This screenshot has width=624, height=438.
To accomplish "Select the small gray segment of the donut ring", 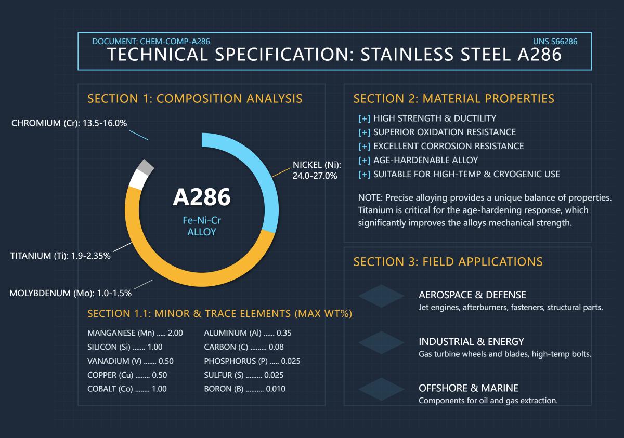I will (x=146, y=167).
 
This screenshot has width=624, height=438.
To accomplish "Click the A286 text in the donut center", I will (x=201, y=197).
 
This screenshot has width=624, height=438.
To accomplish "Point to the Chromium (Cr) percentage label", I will (x=69, y=123).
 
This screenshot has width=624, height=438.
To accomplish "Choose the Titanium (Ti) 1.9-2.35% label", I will (x=60, y=256).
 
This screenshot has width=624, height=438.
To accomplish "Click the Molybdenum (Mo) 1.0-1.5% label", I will (x=70, y=293).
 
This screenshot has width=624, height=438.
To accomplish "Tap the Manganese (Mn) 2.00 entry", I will (x=135, y=333).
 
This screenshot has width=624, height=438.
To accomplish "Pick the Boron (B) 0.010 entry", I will (x=244, y=389).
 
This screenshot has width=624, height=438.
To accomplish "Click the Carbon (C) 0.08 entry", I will (x=243, y=347).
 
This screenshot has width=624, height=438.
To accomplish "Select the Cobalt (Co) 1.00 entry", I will (x=127, y=389).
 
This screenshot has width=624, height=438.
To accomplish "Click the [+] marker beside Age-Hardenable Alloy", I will (x=365, y=160).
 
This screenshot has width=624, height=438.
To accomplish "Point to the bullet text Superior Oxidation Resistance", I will (x=444, y=132).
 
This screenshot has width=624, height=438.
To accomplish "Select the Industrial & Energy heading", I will (x=471, y=341).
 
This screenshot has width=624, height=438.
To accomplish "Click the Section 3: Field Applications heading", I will (x=448, y=261).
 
